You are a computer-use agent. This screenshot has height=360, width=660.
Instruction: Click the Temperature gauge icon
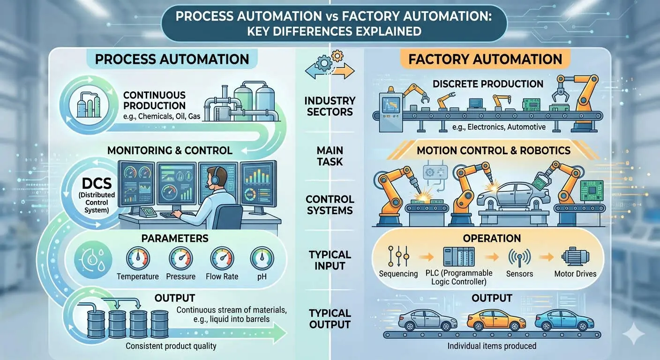point(138,258)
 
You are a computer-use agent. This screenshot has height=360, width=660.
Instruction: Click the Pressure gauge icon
point(180,258)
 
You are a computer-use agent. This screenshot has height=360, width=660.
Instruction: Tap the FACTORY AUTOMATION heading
point(485,60)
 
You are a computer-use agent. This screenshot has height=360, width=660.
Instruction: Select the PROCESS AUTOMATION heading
point(172,60)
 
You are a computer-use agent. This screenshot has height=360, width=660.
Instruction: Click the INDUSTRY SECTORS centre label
point(330,106)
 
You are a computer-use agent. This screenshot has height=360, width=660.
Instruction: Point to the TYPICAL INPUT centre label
point(330,260)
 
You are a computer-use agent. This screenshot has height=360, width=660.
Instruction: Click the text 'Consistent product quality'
point(172,346)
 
